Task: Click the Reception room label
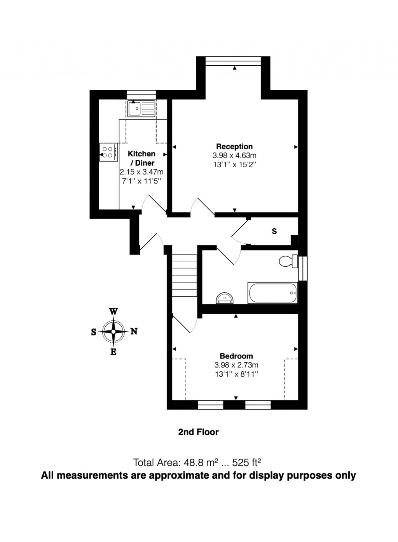[x=234, y=147]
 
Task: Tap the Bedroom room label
[x=236, y=356]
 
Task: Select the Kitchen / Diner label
[x=141, y=158]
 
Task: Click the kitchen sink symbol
[x=141, y=108]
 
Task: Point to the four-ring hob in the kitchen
[x=108, y=152]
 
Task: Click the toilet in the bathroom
[x=288, y=261]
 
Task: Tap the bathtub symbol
[x=272, y=293]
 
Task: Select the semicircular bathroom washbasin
[x=225, y=298]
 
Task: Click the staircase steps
[x=184, y=275]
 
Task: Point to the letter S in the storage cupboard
[x=274, y=231]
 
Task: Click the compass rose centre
[x=113, y=332]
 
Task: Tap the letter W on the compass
[x=113, y=312]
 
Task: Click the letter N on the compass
[x=134, y=332]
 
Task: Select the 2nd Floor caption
[x=198, y=432]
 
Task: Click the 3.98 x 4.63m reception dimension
[x=234, y=156]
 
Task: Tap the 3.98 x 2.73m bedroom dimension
[x=236, y=365]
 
